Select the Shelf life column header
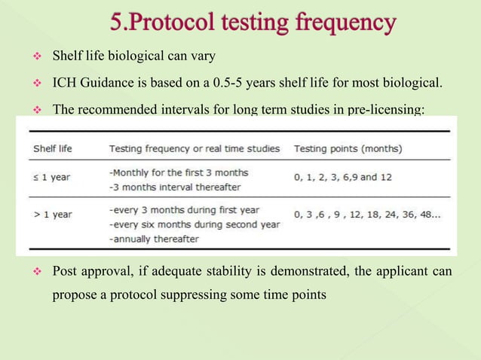(x=53, y=148)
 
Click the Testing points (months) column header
(x=337, y=148)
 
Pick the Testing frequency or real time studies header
(x=195, y=148)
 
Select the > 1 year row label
(x=53, y=215)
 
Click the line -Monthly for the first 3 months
(x=179, y=172)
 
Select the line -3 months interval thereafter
(x=167, y=185)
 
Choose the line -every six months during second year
(x=195, y=224)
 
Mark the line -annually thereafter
(x=155, y=239)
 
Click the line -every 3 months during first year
(x=184, y=209)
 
